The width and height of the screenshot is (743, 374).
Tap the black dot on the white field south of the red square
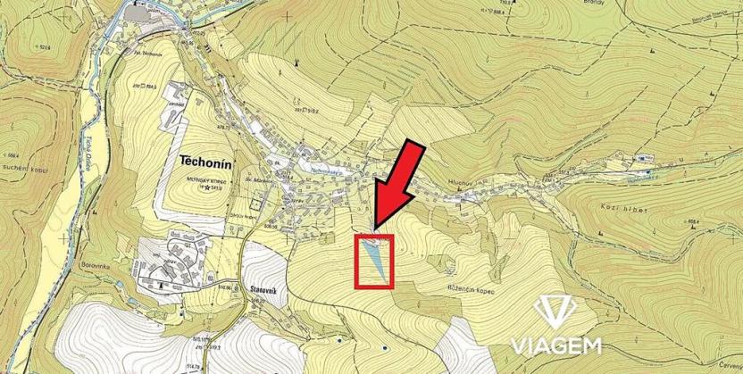pyautogui.click(x=384, y=346)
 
